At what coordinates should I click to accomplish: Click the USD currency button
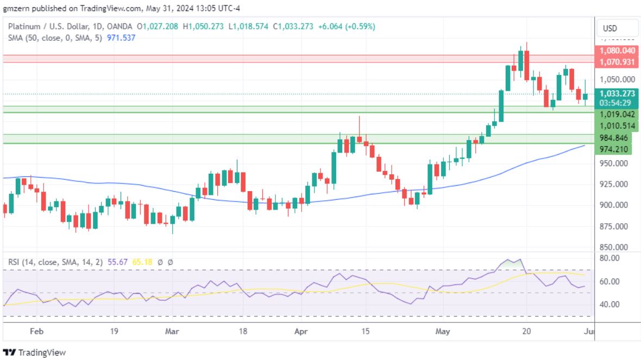point(610,29)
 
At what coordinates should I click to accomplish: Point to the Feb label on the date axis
point(36,331)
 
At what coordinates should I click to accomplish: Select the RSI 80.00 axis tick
point(609,258)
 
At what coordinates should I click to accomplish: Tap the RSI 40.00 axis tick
point(609,304)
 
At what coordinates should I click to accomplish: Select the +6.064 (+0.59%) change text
point(347,26)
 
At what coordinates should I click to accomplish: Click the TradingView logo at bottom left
point(35,352)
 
